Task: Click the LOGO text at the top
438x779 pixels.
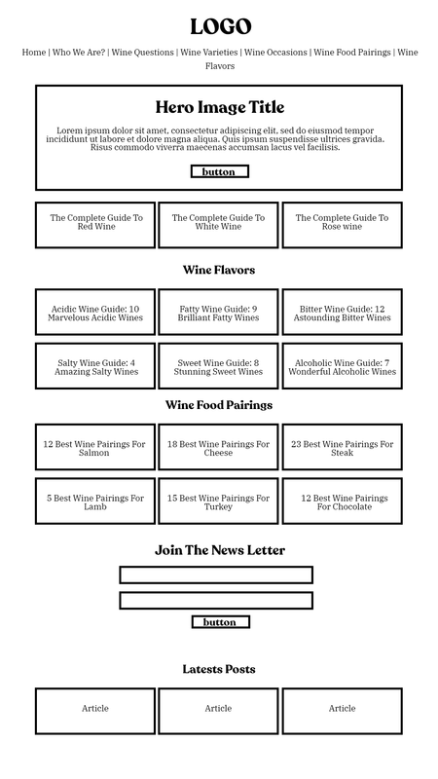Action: click(221, 27)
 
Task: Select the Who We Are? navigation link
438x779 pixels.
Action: click(79, 53)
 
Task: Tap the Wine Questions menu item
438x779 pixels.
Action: click(142, 53)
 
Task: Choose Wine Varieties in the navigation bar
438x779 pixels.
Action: click(209, 53)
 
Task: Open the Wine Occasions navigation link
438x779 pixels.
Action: click(275, 53)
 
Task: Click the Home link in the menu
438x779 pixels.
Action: click(34, 53)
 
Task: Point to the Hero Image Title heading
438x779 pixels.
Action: click(220, 107)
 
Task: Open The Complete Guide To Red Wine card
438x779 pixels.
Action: click(95, 225)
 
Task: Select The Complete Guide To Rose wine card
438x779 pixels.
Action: click(343, 225)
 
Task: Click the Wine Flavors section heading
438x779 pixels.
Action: click(219, 270)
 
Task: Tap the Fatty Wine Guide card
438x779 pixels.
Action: click(218, 312)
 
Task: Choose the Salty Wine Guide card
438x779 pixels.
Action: click(95, 366)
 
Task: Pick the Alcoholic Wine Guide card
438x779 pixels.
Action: click(343, 366)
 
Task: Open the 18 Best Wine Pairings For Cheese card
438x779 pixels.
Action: click(218, 447)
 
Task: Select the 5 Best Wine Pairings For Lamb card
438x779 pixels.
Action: click(95, 501)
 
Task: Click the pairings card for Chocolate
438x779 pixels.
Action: click(343, 501)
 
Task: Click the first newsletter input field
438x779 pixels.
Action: click(216, 575)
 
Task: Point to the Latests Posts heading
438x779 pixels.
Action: click(219, 669)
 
